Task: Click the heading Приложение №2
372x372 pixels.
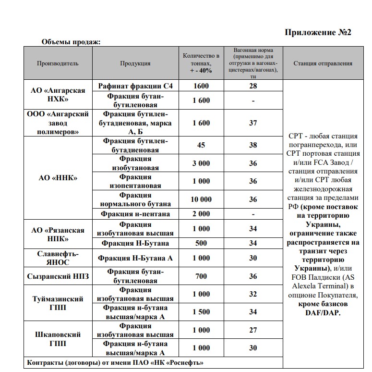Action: tap(318, 33)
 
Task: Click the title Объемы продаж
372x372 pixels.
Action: tap(71, 42)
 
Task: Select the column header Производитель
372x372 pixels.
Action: tap(58, 63)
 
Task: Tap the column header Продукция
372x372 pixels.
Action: tap(135, 63)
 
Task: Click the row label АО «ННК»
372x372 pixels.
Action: tap(58, 178)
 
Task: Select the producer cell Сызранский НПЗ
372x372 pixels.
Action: tap(58, 276)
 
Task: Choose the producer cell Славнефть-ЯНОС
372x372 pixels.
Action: tap(58, 258)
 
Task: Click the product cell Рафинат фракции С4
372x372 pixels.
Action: tap(135, 86)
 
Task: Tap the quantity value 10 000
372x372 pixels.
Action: tap(201, 199)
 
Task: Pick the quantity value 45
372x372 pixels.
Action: tap(201, 145)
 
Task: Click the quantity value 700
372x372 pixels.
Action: tap(201, 276)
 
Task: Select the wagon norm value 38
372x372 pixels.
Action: tap(253, 145)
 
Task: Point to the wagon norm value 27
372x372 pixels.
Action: tap(253, 330)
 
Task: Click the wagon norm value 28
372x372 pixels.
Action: tap(253, 86)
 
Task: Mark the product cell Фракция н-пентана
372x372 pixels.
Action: tap(135, 214)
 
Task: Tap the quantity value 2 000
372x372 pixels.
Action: tap(201, 214)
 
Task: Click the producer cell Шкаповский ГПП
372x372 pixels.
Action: tap(58, 339)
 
